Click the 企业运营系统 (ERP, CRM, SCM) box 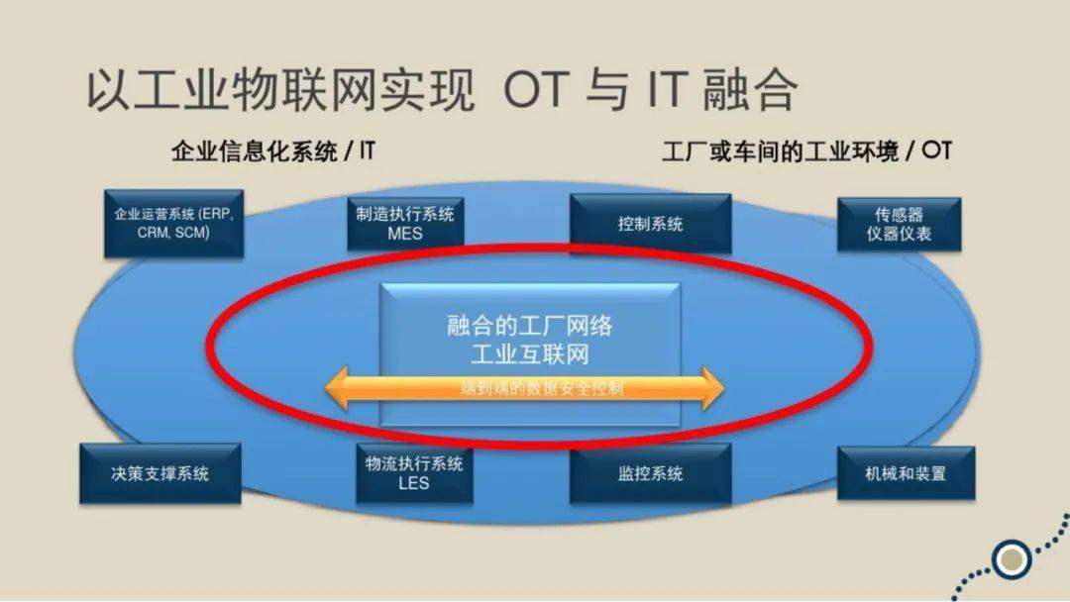click(173, 223)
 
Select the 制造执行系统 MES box click(405, 223)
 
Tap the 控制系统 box click(650, 223)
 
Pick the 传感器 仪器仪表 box click(899, 223)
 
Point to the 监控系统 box click(650, 472)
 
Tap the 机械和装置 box click(905, 472)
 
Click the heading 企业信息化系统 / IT click(273, 151)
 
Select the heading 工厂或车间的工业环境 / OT click(806, 151)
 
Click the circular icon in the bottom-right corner click(1011, 558)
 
